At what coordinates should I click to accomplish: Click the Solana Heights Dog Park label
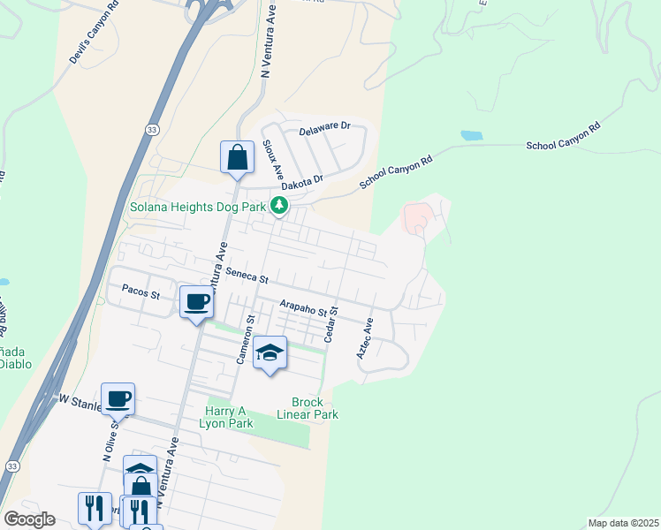click(198, 207)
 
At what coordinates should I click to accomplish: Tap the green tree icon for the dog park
click(279, 207)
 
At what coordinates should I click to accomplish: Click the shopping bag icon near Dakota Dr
click(237, 158)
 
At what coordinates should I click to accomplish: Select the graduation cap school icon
click(270, 353)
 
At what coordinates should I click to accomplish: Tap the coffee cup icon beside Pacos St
click(196, 302)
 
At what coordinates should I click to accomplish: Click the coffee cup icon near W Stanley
click(118, 399)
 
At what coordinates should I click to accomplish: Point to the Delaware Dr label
click(324, 131)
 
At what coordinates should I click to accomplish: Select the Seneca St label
click(247, 275)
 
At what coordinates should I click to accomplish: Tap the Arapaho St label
click(303, 306)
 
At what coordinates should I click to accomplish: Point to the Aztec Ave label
click(365, 338)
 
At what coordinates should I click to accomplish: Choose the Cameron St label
click(243, 339)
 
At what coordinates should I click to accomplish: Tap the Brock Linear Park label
click(308, 408)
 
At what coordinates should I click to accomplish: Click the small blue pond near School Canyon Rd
click(471, 136)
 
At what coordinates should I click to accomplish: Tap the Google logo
click(30, 519)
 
